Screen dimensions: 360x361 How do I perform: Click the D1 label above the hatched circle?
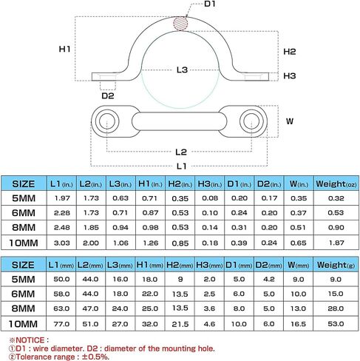click(x=210, y=4)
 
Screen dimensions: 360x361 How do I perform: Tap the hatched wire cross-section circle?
click(x=180, y=24)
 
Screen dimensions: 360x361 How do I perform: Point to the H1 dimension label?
click(x=64, y=49)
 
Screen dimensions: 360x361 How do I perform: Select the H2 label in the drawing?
click(x=290, y=52)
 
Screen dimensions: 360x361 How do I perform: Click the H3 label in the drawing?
click(x=290, y=75)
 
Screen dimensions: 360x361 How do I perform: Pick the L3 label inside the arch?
click(x=182, y=70)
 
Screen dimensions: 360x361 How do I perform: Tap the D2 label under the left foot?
click(x=108, y=95)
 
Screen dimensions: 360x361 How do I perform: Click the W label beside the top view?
click(x=290, y=121)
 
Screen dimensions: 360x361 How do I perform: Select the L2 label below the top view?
click(x=181, y=152)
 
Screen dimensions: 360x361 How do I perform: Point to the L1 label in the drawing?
click(x=181, y=166)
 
